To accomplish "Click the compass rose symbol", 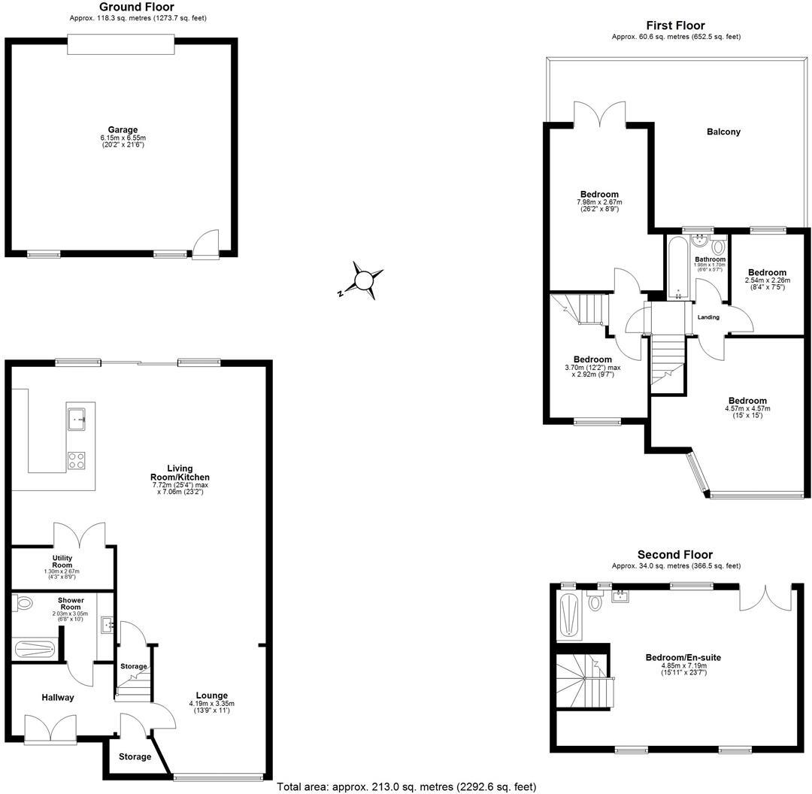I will [x=362, y=280].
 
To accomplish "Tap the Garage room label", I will [x=123, y=130].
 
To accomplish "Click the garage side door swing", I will [x=204, y=244].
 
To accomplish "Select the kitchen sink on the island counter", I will [x=77, y=418].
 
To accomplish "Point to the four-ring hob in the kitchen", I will [x=77, y=460].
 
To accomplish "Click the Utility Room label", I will [x=62, y=560].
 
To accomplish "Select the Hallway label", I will [x=58, y=698].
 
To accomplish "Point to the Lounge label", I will [x=212, y=696].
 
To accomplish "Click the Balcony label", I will [x=723, y=132].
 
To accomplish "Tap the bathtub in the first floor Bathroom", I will [x=677, y=267].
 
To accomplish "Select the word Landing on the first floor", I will [x=708, y=317].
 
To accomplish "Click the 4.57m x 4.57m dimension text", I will [x=747, y=409].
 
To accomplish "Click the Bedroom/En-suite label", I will [x=683, y=658].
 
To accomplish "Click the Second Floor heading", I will [x=675, y=555].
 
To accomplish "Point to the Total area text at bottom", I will [x=406, y=787].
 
